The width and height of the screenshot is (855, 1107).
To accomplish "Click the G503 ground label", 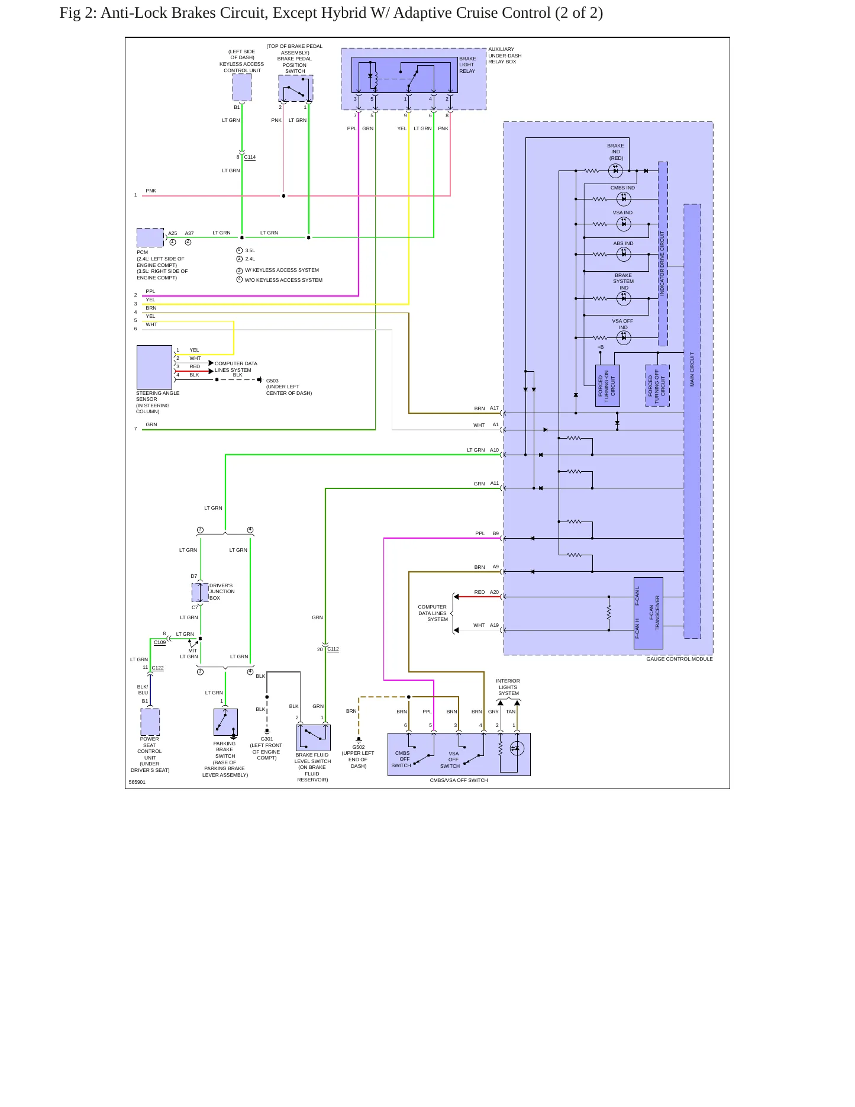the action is point(272,381).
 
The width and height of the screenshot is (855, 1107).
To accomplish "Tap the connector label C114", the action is point(250,157).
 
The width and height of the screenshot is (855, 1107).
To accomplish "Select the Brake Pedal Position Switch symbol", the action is point(296,88).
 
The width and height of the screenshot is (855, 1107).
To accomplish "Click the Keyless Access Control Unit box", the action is point(241,87).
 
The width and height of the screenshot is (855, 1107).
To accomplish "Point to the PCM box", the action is point(150,237).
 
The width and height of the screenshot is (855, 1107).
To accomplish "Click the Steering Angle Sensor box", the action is point(154,367).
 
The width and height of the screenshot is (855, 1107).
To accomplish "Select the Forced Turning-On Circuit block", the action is point(607,385).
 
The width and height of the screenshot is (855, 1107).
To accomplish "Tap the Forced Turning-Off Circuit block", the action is point(657,385).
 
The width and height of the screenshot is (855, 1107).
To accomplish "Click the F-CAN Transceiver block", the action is point(648,613).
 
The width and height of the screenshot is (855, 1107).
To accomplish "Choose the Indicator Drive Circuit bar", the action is point(663,254).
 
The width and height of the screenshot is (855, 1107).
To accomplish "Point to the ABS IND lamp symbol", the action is point(624,255).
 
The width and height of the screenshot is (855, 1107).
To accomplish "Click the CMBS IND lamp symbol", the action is point(624,199).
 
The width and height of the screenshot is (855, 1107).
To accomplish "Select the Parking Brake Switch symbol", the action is point(225,722).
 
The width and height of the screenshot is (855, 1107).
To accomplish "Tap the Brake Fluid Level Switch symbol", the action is point(313,738).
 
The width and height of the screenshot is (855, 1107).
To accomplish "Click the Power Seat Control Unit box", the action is point(150,722).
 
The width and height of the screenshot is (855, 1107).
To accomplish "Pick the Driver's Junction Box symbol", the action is point(200,592).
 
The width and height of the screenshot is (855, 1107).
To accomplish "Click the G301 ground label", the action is point(267,739).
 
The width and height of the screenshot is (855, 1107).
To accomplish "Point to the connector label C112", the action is point(333,649).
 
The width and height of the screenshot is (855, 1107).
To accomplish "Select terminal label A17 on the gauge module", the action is point(494,408).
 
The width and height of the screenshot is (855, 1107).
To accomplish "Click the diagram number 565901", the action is point(137,782).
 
